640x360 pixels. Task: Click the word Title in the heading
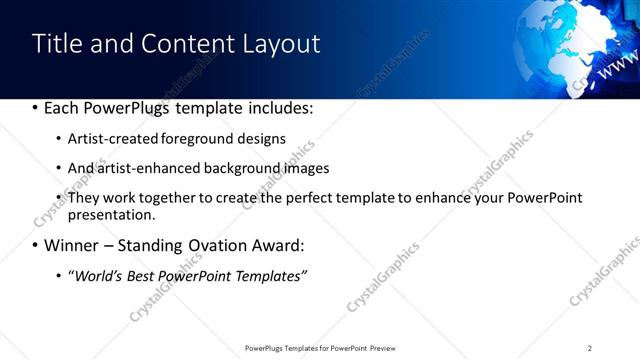point(56,44)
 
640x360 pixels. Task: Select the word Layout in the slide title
point(279,45)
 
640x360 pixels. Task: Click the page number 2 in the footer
point(590,348)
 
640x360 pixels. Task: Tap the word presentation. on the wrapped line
point(111,214)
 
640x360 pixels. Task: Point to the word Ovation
point(219,244)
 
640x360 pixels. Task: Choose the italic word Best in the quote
point(141,275)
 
